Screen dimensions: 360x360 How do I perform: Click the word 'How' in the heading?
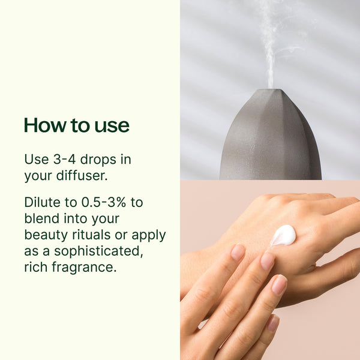pyautogui.click(x=45, y=125)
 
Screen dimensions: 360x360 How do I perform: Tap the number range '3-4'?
pyautogui.click(x=64, y=159)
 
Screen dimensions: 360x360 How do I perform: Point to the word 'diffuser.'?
pyautogui.click(x=82, y=176)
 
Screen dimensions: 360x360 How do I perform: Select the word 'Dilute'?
pyautogui.click(x=43, y=202)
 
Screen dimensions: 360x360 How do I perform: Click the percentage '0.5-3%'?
pyautogui.click(x=104, y=202)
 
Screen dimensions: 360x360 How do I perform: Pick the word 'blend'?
pyautogui.click(x=42, y=218)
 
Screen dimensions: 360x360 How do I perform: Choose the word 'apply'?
pyautogui.click(x=149, y=236)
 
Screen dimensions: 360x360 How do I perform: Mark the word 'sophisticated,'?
pyautogui.click(x=98, y=251)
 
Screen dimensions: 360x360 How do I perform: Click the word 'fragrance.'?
pyautogui.click(x=84, y=267)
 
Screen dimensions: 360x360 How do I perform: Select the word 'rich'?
pyautogui.click(x=35, y=267)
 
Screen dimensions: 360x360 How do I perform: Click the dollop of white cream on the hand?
pyautogui.click(x=284, y=235)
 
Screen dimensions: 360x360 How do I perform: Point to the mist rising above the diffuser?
pyautogui.click(x=272, y=46)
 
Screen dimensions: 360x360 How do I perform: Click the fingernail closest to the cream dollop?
pyautogui.click(x=267, y=261)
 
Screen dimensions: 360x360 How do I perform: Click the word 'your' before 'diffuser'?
pyautogui.click(x=38, y=176)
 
